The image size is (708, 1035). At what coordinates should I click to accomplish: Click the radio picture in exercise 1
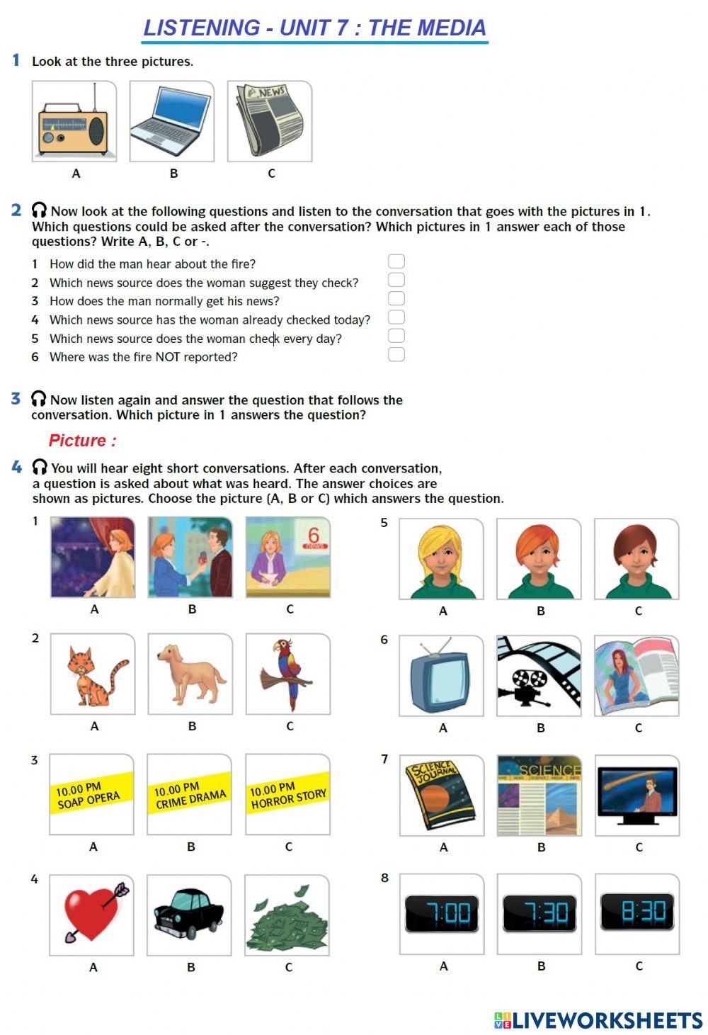click(x=74, y=121)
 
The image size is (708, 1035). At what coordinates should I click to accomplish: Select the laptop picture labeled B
click(x=171, y=121)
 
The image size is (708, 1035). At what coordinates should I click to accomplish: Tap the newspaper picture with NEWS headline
click(x=270, y=121)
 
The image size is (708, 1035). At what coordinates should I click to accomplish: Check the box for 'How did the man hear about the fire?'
click(x=396, y=261)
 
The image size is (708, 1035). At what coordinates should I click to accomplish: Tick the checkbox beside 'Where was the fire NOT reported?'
click(x=396, y=354)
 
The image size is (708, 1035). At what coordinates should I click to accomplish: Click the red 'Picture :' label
click(x=82, y=441)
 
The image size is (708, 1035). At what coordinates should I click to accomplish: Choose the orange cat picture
click(x=93, y=674)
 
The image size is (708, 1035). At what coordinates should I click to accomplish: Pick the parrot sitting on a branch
click(x=288, y=674)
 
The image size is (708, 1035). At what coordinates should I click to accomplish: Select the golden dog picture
click(x=190, y=674)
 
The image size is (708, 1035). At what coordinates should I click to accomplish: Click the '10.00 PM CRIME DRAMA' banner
click(x=190, y=794)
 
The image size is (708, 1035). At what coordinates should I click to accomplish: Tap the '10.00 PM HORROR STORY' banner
click(x=287, y=794)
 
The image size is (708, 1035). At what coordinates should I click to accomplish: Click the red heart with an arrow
click(x=92, y=915)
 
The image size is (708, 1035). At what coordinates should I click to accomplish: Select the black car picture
click(x=189, y=915)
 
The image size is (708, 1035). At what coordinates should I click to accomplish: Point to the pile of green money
click(x=287, y=915)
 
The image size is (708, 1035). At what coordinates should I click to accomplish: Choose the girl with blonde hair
click(x=441, y=560)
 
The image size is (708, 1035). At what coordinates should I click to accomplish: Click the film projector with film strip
click(x=539, y=676)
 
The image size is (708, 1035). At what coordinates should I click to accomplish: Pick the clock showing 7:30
click(x=539, y=913)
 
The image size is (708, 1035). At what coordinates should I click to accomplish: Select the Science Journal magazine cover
click(x=442, y=796)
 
